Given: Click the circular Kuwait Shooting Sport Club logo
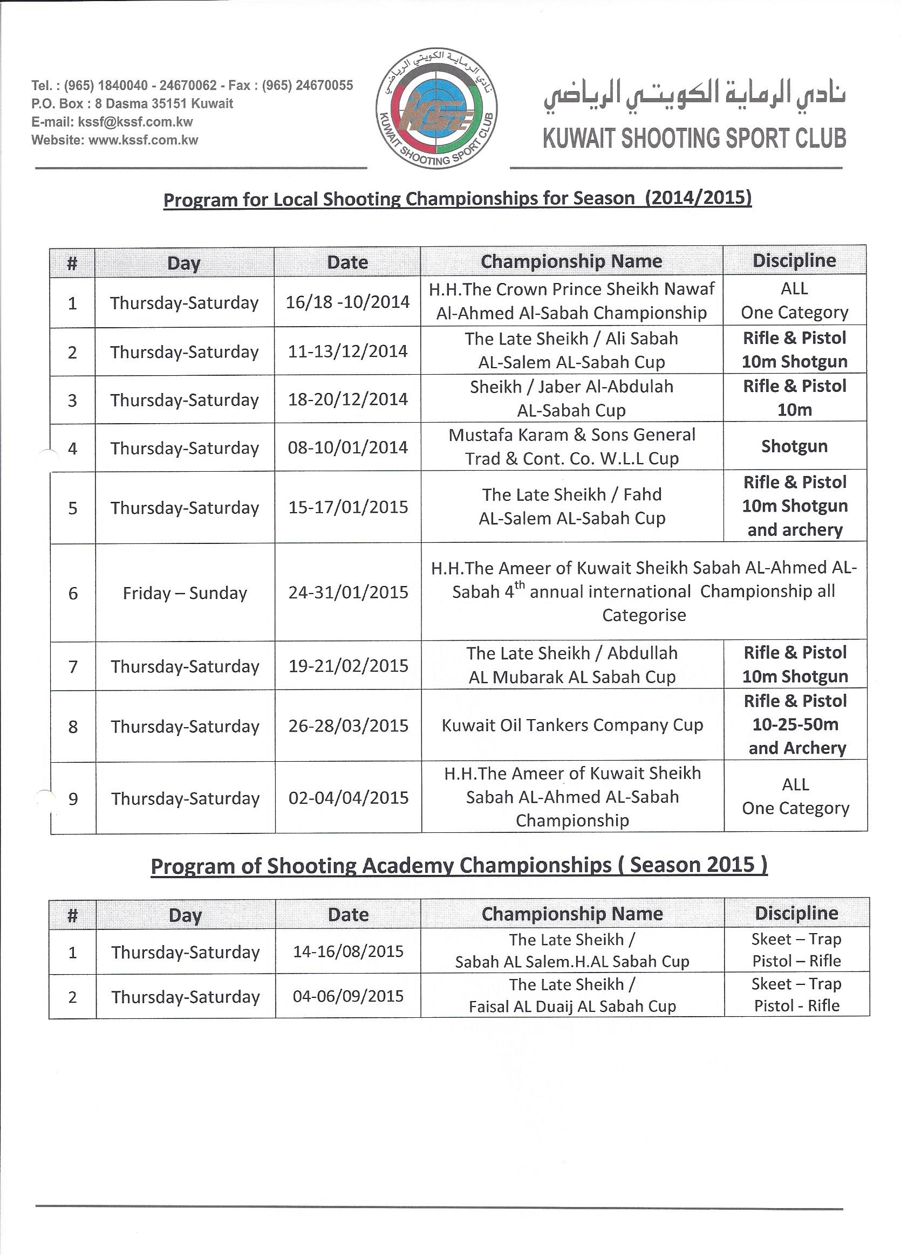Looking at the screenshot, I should pyautogui.click(x=436, y=108).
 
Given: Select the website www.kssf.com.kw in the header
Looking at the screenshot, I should pyautogui.click(x=143, y=141).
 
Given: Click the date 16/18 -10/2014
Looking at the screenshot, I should pyautogui.click(x=347, y=302).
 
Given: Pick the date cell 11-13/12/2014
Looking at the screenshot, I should pyautogui.click(x=347, y=351).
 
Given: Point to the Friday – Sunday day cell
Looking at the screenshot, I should pyautogui.click(x=185, y=593).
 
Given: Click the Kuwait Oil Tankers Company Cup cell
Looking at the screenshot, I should pyautogui.click(x=572, y=726).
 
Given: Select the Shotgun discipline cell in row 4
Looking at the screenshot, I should pyautogui.click(x=794, y=446).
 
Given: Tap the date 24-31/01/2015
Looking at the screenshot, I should pyautogui.click(x=348, y=592).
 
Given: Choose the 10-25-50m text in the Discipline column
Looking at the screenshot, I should pyautogui.click(x=795, y=725).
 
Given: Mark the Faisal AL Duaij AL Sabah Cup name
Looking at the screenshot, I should pyautogui.click(x=572, y=1006).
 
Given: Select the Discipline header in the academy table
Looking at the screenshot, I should pyautogui.click(x=796, y=913).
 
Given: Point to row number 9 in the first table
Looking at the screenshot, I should pyautogui.click(x=72, y=798).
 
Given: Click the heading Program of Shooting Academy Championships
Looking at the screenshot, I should pyautogui.click(x=459, y=865).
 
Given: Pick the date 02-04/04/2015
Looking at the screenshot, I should pyautogui.click(x=349, y=798).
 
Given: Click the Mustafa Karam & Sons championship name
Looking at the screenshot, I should pyautogui.click(x=571, y=446).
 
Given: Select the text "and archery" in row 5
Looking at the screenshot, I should pyautogui.click(x=795, y=530).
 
